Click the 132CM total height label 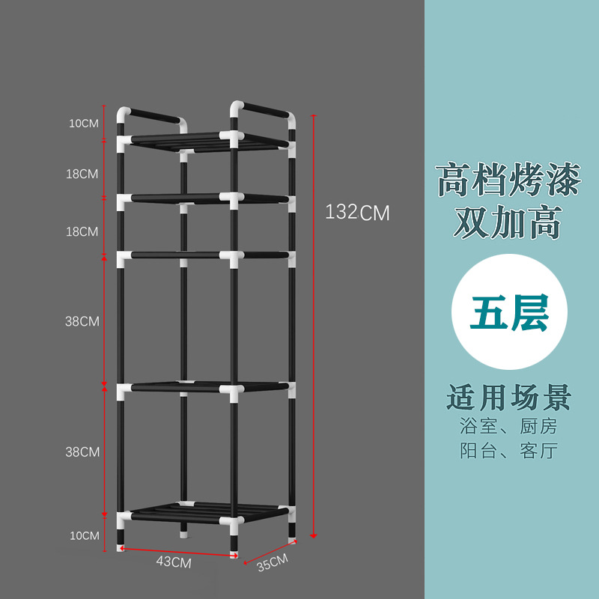pyautogui.click(x=357, y=213)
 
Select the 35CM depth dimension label pyautogui.click(x=271, y=561)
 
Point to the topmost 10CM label pyautogui.click(x=84, y=123)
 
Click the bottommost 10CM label pyautogui.click(x=84, y=535)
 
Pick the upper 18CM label pyautogui.click(x=82, y=174)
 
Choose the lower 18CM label pyautogui.click(x=82, y=231)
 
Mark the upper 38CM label pyautogui.click(x=82, y=321)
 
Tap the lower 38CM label pyautogui.click(x=82, y=451)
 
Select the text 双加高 pyautogui.click(x=508, y=224)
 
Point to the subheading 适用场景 pyautogui.click(x=508, y=397)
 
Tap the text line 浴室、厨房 pyautogui.click(x=508, y=427)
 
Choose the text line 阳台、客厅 pyautogui.click(x=508, y=451)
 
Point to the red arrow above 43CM pyautogui.click(x=178, y=552)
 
